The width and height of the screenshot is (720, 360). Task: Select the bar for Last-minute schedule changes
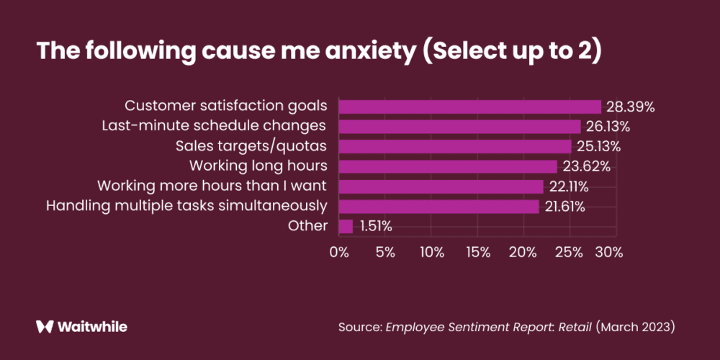tap(459, 127)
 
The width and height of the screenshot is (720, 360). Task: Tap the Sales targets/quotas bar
tap(454, 147)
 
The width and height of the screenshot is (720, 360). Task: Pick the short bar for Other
tap(346, 226)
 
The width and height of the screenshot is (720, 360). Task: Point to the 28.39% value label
tap(630, 107)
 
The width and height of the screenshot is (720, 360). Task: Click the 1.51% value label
tap(375, 226)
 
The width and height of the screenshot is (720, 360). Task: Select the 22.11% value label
tap(569, 186)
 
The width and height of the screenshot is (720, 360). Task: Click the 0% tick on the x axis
tap(338, 253)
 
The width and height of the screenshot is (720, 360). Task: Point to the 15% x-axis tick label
tap(478, 253)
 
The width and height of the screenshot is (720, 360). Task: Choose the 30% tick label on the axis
tap(609, 253)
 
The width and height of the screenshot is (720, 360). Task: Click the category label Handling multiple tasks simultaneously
tap(186, 206)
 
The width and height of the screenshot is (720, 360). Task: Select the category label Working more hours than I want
tap(212, 186)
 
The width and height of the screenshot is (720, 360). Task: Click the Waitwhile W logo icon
tap(45, 326)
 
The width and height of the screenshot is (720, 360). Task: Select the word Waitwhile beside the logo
tap(94, 326)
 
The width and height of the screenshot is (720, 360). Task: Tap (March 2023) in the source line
tap(636, 327)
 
